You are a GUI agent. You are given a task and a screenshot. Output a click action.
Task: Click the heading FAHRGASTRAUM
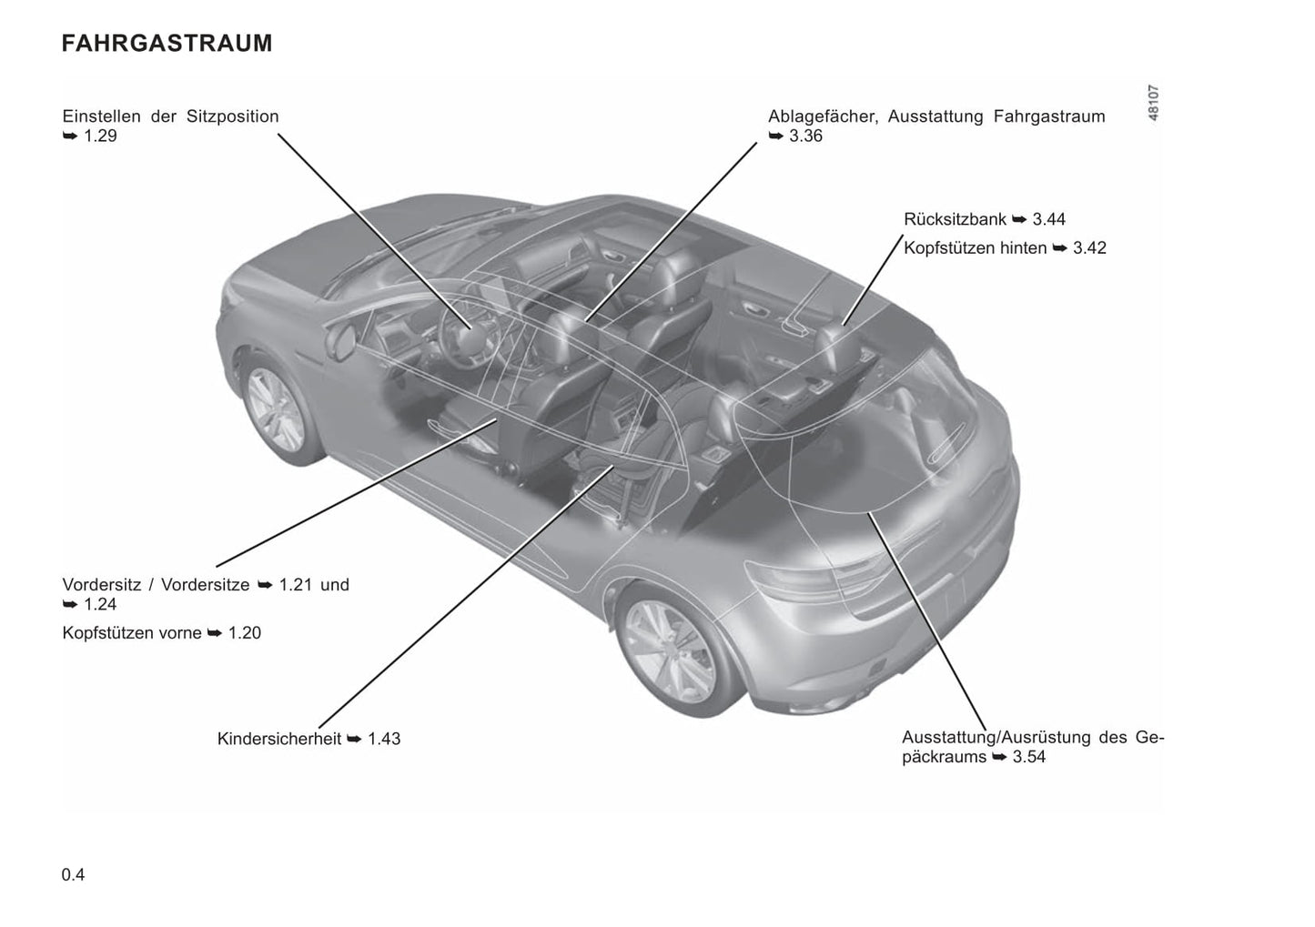(167, 44)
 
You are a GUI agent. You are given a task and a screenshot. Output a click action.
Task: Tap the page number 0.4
(74, 875)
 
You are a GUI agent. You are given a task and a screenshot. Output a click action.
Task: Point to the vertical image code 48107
(1154, 104)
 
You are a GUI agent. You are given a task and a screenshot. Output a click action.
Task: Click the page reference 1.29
(100, 136)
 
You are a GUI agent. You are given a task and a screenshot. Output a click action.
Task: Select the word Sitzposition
(232, 116)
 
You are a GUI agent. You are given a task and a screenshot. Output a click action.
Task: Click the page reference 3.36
(805, 136)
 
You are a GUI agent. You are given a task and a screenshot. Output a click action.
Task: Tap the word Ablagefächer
(823, 116)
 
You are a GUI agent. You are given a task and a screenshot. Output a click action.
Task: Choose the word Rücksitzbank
(956, 219)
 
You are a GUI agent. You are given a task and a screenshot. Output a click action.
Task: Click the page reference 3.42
(1089, 248)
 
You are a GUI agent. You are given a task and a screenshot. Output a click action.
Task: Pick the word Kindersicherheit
(278, 739)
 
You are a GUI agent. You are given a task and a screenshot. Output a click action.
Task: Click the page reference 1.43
(384, 739)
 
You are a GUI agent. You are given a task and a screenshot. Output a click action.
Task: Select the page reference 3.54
(1029, 757)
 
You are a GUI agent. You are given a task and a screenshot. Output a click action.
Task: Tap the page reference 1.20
(244, 633)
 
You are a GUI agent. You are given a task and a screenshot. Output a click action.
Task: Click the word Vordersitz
(102, 585)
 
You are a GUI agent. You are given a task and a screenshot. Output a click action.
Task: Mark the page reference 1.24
(100, 604)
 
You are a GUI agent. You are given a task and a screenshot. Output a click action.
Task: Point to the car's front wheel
(275, 410)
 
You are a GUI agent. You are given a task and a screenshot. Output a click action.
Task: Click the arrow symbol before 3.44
(1020, 220)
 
